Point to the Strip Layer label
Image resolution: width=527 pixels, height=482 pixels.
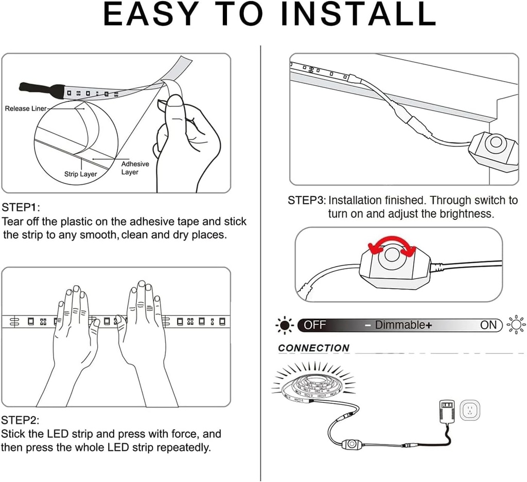(80, 174)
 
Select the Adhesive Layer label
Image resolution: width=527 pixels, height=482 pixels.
(135, 168)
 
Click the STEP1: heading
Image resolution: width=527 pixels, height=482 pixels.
(21, 208)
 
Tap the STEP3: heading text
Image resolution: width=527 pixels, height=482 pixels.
(307, 200)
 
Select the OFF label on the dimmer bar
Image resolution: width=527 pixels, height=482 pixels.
(315, 325)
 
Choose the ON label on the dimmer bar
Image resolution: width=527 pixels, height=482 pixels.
(488, 325)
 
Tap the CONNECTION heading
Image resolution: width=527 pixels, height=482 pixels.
(313, 348)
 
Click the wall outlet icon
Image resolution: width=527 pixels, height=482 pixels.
(470, 410)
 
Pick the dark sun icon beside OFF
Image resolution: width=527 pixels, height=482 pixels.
(285, 325)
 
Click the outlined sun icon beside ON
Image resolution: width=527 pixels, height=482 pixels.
(516, 325)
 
